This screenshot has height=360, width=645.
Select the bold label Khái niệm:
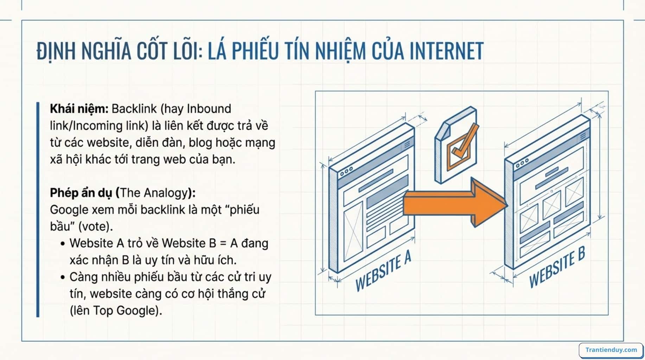tap(79, 109)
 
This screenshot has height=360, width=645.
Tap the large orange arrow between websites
tap(454, 202)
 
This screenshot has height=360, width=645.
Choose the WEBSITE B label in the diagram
tap(557, 267)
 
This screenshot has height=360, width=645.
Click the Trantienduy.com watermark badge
tap(611, 350)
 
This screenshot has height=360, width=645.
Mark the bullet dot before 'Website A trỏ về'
tap(63, 244)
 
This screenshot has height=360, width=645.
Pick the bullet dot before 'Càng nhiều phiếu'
tap(63, 277)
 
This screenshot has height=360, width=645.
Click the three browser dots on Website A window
tap(346, 172)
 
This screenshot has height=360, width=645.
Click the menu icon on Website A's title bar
tap(407, 144)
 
